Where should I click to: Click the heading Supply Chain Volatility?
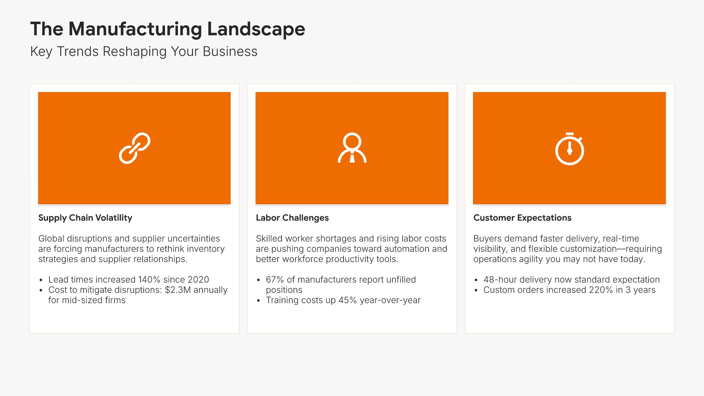pyautogui.click(x=85, y=218)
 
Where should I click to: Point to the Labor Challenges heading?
pyautogui.click(x=292, y=218)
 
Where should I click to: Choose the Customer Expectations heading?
pyautogui.click(x=522, y=218)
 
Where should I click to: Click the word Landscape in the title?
pyautogui.click(x=256, y=29)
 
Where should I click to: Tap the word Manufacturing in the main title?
pyautogui.click(x=135, y=29)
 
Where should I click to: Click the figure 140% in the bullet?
pyautogui.click(x=149, y=279)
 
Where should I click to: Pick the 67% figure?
pyautogui.click(x=275, y=279)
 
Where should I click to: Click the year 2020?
pyautogui.click(x=198, y=279)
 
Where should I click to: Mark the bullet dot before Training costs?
pyautogui.click(x=258, y=301)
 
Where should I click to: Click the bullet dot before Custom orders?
pyautogui.click(x=476, y=290)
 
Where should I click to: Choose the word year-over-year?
pyautogui.click(x=390, y=300)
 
